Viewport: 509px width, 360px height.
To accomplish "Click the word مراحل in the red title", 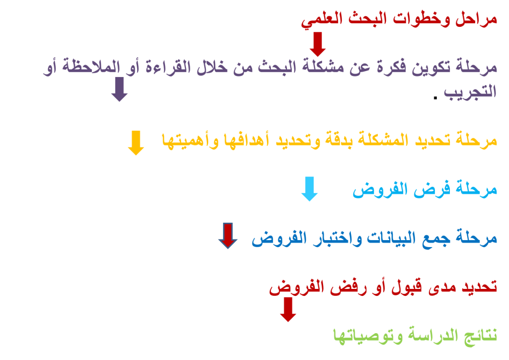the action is [x=476, y=19].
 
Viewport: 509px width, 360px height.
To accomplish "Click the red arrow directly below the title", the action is [x=318, y=44].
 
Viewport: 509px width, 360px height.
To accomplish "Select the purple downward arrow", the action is [x=119, y=90].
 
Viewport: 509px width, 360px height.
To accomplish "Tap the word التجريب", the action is [x=470, y=92].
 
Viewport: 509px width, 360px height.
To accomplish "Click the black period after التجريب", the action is [x=435, y=97].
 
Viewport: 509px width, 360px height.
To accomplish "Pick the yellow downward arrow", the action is [x=136, y=143].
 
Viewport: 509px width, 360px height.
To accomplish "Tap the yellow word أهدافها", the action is [x=247, y=140].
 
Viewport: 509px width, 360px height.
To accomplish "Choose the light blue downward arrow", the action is [x=309, y=189].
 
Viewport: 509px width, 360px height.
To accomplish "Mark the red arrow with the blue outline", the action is [x=228, y=236].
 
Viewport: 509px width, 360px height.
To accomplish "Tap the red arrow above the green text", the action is [x=288, y=310].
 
